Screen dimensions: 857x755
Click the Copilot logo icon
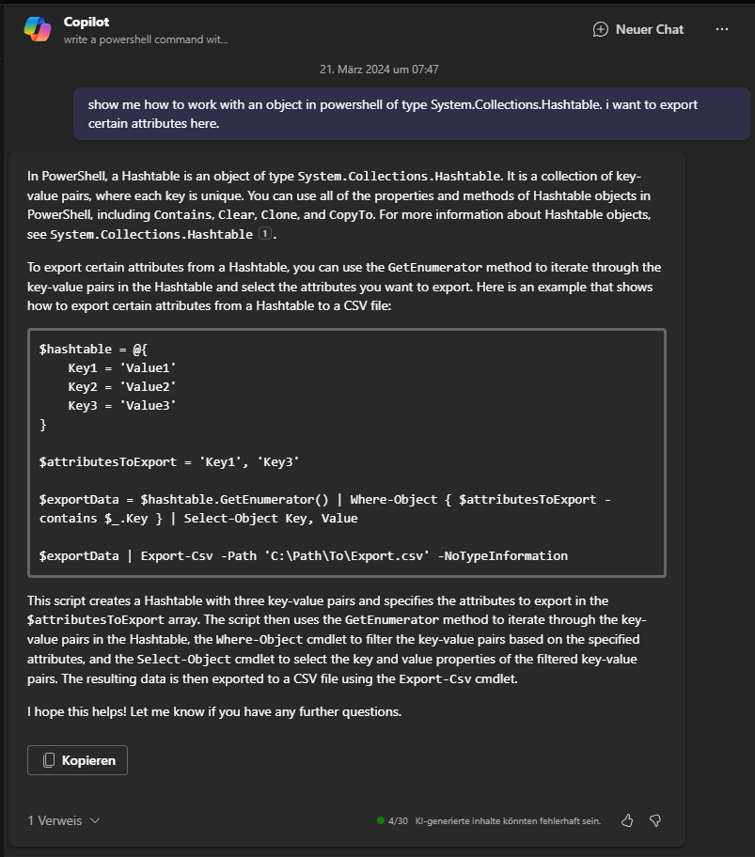[38, 29]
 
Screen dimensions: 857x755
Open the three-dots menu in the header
[722, 29]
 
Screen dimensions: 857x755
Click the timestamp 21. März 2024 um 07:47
[379, 70]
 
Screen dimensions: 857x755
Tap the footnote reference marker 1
[264, 234]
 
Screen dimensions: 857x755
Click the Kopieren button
[78, 760]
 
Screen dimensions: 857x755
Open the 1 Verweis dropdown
[64, 820]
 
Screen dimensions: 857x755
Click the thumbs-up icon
[627, 820]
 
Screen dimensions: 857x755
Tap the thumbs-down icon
[655, 820]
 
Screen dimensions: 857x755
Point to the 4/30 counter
[398, 820]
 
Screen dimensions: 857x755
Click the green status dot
[381, 820]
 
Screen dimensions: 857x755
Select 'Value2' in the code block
[149, 386]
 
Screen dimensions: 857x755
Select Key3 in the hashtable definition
[83, 405]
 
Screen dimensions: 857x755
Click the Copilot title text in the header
[87, 22]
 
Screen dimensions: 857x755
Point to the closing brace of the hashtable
[43, 425]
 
